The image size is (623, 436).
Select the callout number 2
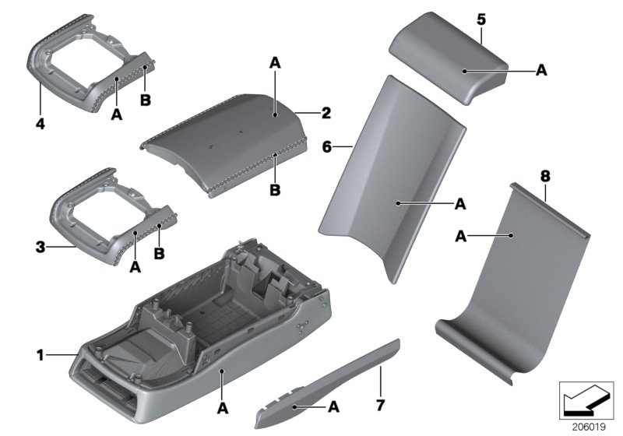[x=326, y=113]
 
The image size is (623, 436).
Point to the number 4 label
[x=40, y=122]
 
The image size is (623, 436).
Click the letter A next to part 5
[x=541, y=70]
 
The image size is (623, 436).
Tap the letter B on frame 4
[x=145, y=100]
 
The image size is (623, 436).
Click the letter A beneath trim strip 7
[x=334, y=406]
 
